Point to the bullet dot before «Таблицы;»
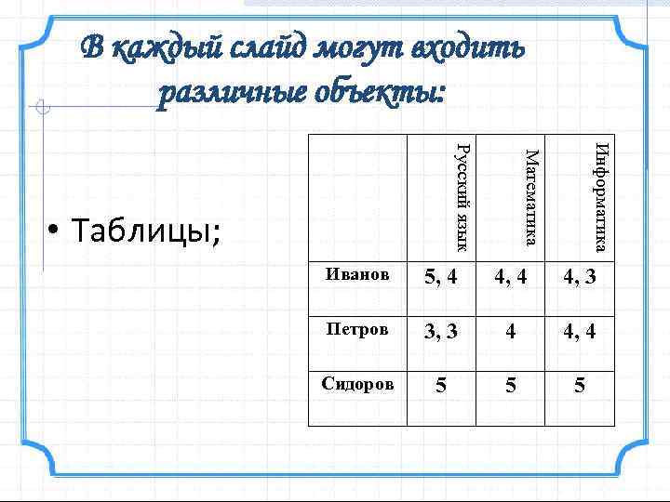pyautogui.click(x=55, y=230)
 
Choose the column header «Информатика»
pyautogui.click(x=600, y=195)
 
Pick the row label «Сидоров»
pyautogui.click(x=357, y=383)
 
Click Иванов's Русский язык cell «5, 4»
pyautogui.click(x=441, y=276)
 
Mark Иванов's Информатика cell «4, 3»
pyautogui.click(x=578, y=276)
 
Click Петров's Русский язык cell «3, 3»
pyautogui.click(x=441, y=331)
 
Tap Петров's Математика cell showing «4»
pyautogui.click(x=511, y=331)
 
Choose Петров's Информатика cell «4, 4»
pyautogui.click(x=578, y=331)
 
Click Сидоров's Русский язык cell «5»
pyautogui.click(x=441, y=384)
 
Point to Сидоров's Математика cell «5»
pyautogui.click(x=511, y=384)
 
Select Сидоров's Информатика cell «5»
pyautogui.click(x=580, y=384)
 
